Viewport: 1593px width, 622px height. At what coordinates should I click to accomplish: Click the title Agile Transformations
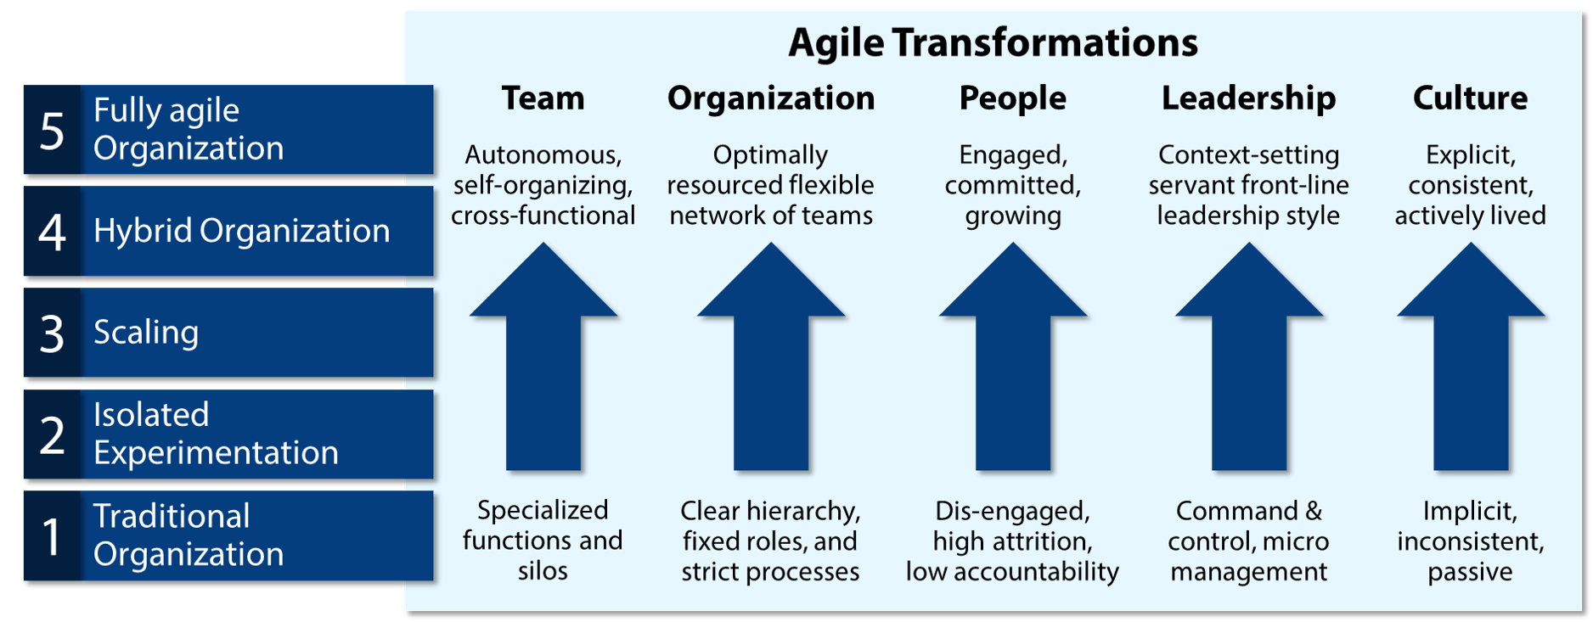coord(993,43)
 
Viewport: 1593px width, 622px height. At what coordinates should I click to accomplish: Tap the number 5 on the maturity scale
coord(52,132)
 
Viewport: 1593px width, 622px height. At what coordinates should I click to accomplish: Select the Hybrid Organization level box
coord(228,231)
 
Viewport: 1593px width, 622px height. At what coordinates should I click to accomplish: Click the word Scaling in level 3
coord(146,332)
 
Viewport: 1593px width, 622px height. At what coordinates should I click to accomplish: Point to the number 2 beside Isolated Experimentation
coord(52,434)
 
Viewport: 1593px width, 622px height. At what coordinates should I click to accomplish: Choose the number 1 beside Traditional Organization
coord(52,536)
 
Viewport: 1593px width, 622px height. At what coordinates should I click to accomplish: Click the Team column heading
coord(543,98)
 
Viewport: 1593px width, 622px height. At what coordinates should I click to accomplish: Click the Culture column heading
coord(1470,98)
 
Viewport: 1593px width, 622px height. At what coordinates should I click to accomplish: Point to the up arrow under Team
coord(543,356)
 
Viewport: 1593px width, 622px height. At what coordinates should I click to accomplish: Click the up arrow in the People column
coord(1013,356)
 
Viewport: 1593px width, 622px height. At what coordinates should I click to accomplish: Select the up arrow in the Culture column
coord(1471,356)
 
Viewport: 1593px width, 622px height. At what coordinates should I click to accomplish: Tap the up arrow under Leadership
coord(1249,356)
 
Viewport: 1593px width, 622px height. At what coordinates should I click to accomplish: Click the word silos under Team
coord(543,571)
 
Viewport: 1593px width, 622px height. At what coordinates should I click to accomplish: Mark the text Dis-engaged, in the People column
coord(1012,512)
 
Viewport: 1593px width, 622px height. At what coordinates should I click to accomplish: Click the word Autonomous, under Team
coord(543,155)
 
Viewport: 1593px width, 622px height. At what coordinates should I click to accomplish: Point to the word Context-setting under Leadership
coord(1248,155)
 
